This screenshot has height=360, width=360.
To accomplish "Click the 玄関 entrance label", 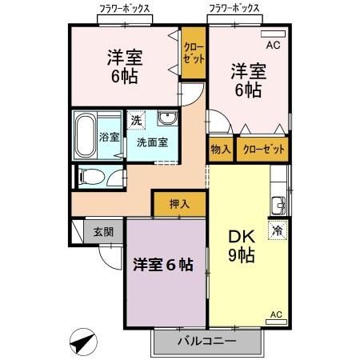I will point(102,232).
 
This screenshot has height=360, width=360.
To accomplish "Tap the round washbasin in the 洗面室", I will point(167,119).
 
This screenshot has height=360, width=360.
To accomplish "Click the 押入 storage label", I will point(179,204).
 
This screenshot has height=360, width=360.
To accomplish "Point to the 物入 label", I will point(220,150).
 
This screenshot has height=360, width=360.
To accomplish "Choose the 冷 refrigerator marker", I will point(277,230).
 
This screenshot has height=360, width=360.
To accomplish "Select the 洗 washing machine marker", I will point(137,119).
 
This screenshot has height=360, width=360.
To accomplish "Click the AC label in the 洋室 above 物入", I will point(272,45).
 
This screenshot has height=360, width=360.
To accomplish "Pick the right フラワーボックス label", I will point(234,9).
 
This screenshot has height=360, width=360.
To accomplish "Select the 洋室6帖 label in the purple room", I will point(163,266).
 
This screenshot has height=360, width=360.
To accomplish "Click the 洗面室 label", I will point(151,142).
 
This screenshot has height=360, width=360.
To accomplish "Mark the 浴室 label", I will point(109,137).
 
